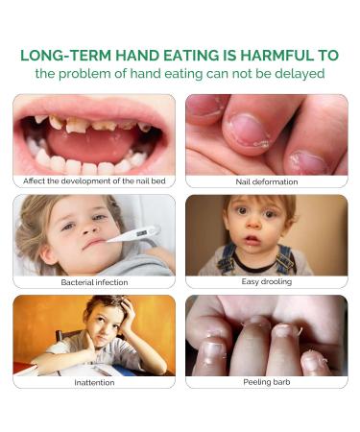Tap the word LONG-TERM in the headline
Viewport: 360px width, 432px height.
[x=61, y=55]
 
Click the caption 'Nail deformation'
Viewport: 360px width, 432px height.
[x=266, y=180]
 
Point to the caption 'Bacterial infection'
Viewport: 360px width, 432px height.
[x=94, y=282]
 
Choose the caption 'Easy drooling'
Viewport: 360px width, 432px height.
[x=266, y=282]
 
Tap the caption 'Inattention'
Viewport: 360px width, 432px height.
[x=94, y=382]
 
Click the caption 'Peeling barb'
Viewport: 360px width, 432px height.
[x=266, y=382]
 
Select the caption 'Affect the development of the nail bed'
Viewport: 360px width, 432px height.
[x=94, y=180]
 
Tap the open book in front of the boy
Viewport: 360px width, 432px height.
[x=96, y=369]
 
